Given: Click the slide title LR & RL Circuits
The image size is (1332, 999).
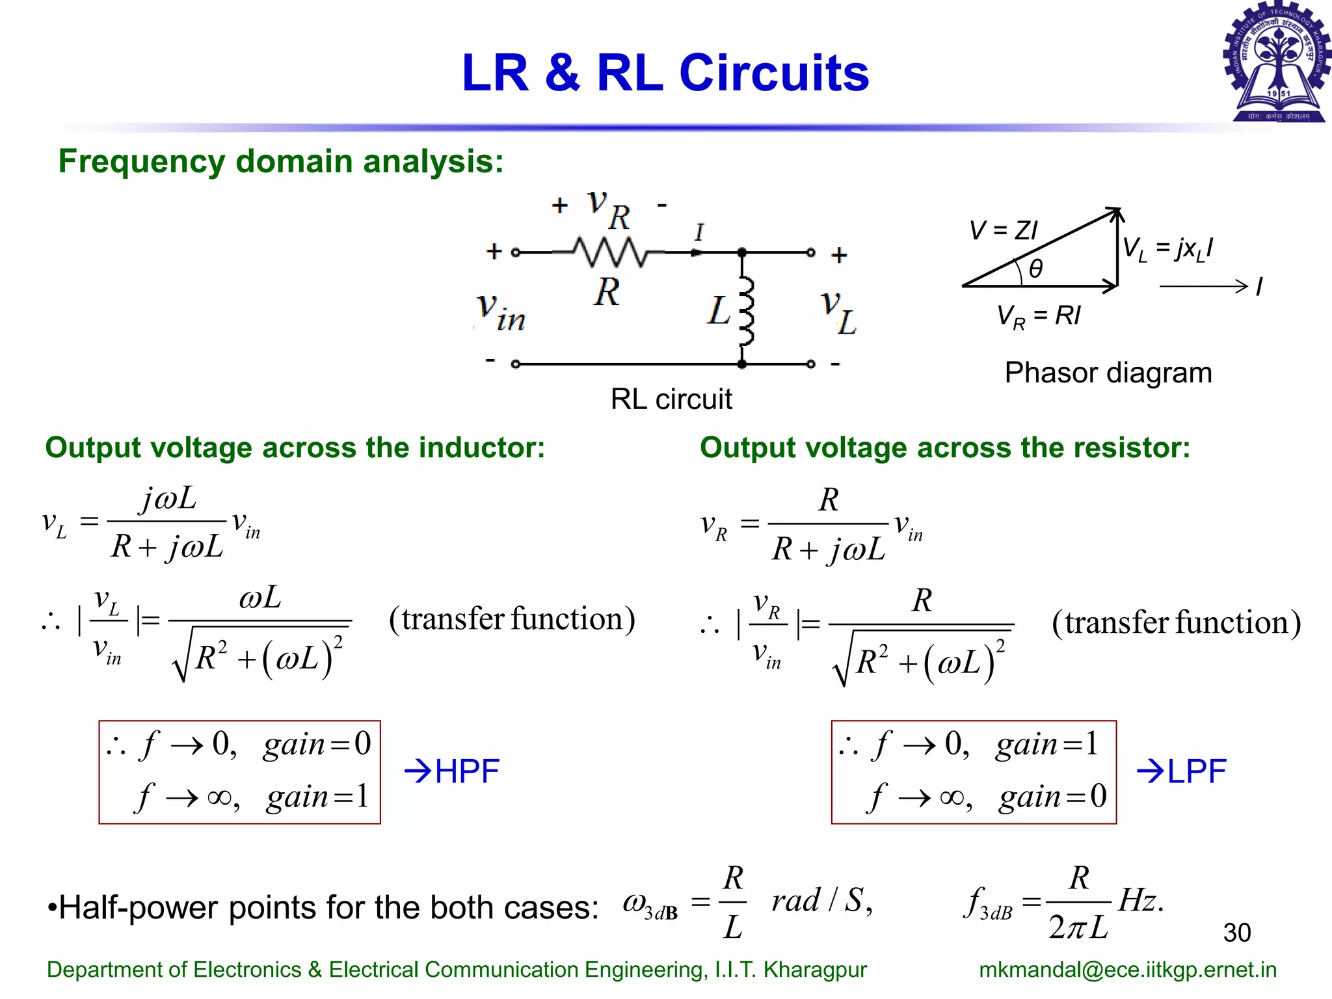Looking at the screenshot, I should click(665, 73).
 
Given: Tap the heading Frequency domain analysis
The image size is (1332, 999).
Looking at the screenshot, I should click(281, 161).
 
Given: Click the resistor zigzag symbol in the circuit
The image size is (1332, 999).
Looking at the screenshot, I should click(609, 252).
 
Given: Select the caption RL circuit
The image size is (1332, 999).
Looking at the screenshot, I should click(671, 399).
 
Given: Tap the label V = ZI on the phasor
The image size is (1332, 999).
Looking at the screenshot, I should click(1003, 230).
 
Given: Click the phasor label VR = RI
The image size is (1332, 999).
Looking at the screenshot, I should click(1038, 317).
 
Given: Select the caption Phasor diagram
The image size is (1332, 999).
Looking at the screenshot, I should click(1108, 373).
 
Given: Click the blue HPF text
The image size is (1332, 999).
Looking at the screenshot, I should click(466, 771).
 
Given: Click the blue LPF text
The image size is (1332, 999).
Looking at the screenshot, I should click(1196, 771).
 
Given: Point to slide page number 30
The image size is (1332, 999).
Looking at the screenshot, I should click(1236, 933).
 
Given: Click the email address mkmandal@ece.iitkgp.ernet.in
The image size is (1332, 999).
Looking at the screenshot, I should click(1127, 969).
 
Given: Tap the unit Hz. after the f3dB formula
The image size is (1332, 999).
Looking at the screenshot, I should click(1141, 901).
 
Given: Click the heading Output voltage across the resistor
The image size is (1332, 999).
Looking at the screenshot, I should click(944, 447).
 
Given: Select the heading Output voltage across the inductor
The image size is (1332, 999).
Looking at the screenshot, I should click(295, 447).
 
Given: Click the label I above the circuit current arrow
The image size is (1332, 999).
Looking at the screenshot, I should click(699, 232).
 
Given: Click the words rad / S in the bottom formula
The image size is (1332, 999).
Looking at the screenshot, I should click(821, 901).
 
